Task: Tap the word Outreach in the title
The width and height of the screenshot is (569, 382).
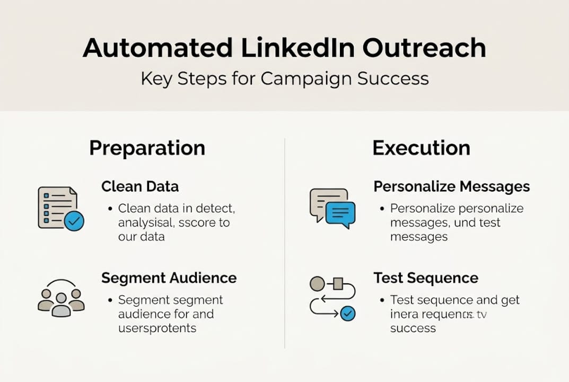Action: pyautogui.click(x=424, y=49)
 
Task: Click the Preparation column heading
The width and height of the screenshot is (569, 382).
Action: pyautogui.click(x=147, y=148)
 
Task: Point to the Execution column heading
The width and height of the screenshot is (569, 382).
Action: pyautogui.click(x=421, y=148)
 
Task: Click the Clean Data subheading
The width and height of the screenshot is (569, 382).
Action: pyautogui.click(x=140, y=187)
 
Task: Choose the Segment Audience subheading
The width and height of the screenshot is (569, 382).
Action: pyautogui.click(x=169, y=278)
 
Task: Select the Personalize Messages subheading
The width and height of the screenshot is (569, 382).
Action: pyautogui.click(x=451, y=187)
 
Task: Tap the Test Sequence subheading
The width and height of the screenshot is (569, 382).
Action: pyautogui.click(x=425, y=278)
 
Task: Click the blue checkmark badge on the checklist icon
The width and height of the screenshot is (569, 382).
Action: pyautogui.click(x=74, y=221)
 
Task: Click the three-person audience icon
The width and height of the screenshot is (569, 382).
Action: pyautogui.click(x=61, y=298)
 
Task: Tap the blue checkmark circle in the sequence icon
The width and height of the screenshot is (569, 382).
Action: pyautogui.click(x=347, y=314)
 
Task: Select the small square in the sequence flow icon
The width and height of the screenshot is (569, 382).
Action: pyautogui.click(x=338, y=284)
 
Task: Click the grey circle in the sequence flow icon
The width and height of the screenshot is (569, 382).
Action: pyautogui.click(x=317, y=284)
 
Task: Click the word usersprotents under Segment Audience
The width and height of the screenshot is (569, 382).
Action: pyautogui.click(x=157, y=328)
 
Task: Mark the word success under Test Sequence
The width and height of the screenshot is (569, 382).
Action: pyautogui.click(x=413, y=328)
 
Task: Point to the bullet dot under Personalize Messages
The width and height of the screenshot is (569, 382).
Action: pyautogui.click(x=382, y=209)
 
